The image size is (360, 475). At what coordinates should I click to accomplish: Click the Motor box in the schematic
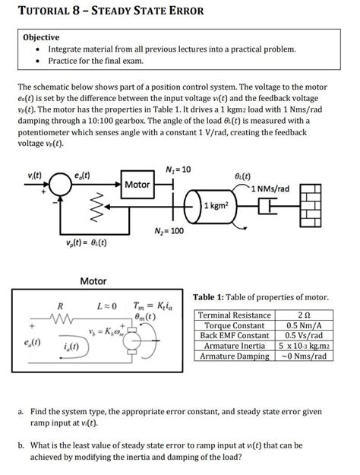137,185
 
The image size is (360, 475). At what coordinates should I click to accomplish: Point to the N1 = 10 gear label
176,168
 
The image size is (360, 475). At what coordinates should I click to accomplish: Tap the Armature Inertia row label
237,345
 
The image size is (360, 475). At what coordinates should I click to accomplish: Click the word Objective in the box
42,36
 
